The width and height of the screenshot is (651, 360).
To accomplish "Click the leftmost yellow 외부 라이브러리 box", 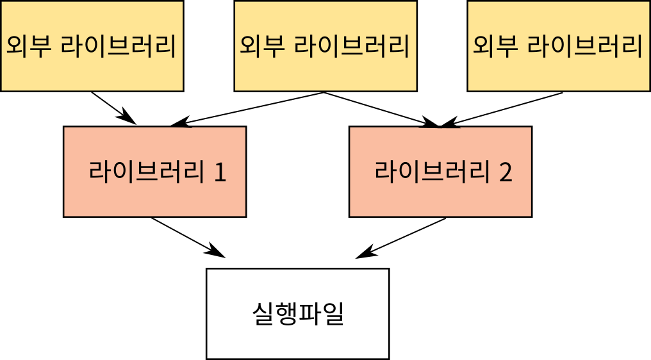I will pos(92,46).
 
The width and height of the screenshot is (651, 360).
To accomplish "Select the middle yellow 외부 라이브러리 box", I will pos(325,46).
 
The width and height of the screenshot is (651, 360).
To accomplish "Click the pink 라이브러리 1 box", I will pos(154,172).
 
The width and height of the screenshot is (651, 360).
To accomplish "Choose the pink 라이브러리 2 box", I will pos(440,172).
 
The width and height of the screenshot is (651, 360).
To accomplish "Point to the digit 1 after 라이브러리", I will pos(220,173).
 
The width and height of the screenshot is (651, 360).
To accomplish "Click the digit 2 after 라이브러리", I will pos(506,173).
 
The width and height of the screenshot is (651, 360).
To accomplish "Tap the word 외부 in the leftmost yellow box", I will pos(28,46).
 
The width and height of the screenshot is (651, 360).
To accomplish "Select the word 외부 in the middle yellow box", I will pos(261,46).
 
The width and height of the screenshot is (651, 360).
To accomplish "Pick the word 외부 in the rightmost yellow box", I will pos(495,46).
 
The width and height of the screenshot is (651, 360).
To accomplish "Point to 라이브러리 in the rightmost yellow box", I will pos(584,46).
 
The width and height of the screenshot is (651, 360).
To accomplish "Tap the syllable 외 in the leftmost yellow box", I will pos(18,46).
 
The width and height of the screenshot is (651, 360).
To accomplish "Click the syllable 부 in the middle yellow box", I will pos(273,46).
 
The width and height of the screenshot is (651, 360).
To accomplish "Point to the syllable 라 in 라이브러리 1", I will pos(100,172).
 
